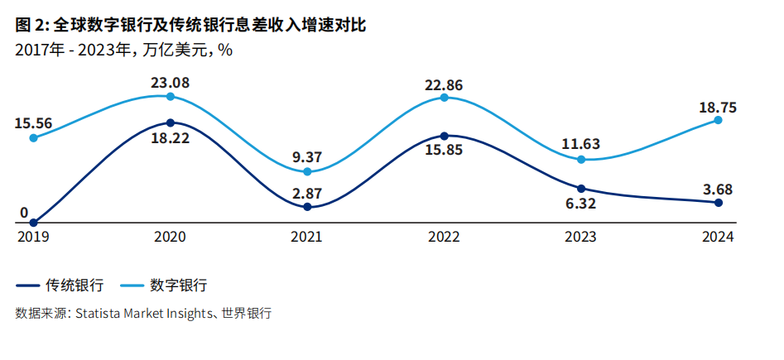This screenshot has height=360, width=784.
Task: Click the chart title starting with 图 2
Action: click(190, 26)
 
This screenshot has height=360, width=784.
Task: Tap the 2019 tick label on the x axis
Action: click(33, 237)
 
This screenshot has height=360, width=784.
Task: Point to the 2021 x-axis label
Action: click(307, 237)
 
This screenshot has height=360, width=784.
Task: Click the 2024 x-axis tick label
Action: click(718, 237)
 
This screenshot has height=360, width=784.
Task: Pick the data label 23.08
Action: click(170, 82)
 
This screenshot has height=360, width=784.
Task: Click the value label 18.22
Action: click(170, 138)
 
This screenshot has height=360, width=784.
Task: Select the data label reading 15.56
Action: click(33, 123)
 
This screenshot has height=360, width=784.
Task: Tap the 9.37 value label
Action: click(307, 157)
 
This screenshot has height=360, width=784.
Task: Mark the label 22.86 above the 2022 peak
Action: click(444, 84)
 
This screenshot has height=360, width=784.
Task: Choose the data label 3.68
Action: click(718, 189)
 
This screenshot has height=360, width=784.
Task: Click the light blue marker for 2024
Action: click(718, 120)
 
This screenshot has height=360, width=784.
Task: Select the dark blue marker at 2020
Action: click(170, 122)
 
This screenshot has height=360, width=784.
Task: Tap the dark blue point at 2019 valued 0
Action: click(33, 223)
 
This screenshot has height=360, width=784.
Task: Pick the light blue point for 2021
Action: click(307, 171)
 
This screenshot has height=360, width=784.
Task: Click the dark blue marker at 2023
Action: click(581, 189)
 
